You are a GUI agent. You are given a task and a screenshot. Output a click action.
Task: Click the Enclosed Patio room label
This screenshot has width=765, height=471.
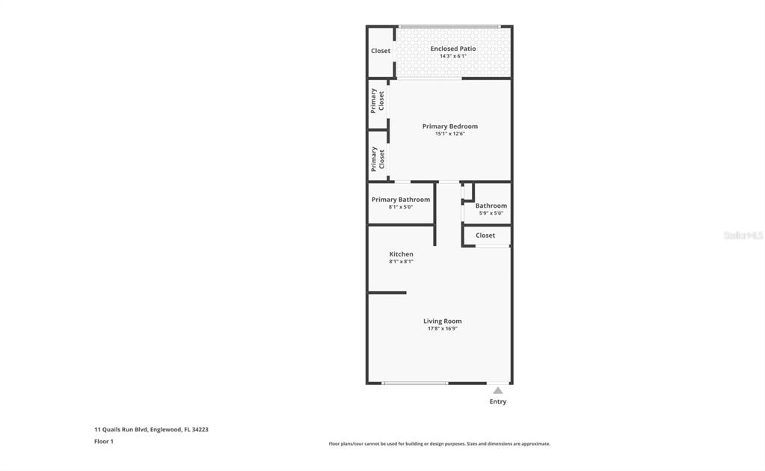(452, 49)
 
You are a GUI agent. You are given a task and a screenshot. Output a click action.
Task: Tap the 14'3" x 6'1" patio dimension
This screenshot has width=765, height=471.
(452, 56)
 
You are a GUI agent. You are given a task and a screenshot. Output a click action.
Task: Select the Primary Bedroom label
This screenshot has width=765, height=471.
(450, 126)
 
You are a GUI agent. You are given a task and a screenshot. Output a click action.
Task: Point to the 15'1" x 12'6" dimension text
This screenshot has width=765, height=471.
(450, 134)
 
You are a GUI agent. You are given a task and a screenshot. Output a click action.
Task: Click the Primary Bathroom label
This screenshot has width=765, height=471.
(401, 200)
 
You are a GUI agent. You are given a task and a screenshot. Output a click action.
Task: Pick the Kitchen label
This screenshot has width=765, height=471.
(401, 254)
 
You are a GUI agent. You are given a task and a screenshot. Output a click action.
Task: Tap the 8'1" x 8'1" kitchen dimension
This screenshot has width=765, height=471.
(401, 262)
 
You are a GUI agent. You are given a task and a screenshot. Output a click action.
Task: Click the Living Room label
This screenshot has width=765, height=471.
(442, 321)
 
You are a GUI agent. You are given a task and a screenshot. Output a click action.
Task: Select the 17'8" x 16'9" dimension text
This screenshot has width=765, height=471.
(442, 329)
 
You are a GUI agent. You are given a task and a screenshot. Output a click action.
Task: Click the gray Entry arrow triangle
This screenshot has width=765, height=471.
(497, 390)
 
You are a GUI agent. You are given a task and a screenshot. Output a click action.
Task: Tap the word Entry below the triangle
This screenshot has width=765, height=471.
(497, 401)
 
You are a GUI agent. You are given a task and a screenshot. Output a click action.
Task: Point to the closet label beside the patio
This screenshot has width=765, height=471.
(381, 51)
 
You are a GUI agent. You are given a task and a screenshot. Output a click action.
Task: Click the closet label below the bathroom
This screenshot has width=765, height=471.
(485, 235)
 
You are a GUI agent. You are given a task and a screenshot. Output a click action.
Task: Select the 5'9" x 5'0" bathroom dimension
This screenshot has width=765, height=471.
(491, 213)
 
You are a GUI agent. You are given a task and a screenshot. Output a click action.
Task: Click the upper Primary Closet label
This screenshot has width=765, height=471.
(377, 100)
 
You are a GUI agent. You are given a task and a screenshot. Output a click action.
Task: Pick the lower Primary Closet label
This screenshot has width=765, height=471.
(377, 159)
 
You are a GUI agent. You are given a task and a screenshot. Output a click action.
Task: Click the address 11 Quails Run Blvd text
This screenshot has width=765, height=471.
(120, 430)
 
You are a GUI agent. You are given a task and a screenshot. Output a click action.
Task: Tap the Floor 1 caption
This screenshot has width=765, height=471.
(103, 441)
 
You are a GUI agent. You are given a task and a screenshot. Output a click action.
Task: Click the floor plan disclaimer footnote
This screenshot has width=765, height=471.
(439, 443)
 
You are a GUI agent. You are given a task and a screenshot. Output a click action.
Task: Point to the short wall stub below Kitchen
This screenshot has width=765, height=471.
(387, 292)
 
